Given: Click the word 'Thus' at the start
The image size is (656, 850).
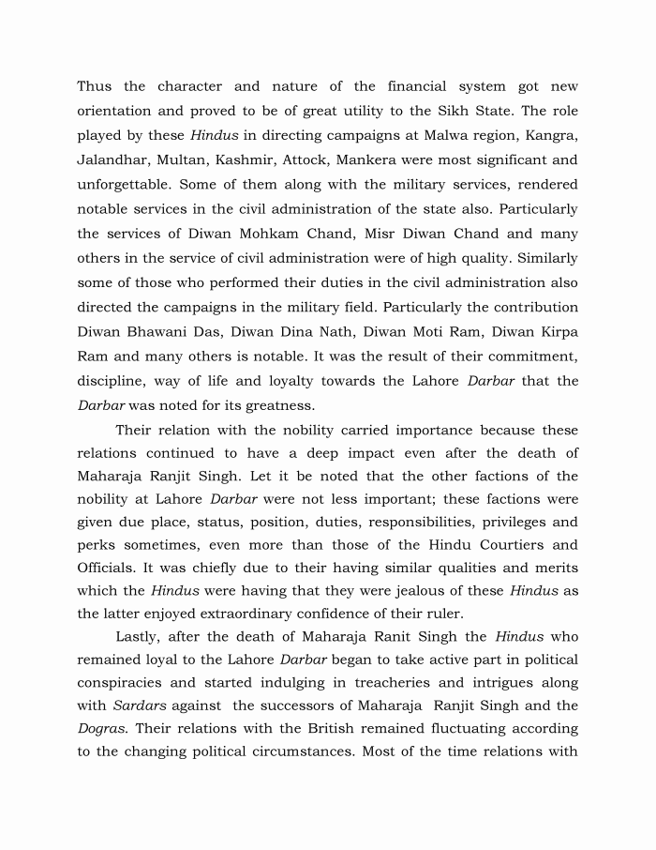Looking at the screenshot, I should (94, 87).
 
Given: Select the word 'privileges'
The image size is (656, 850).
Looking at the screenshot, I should (520, 522).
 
